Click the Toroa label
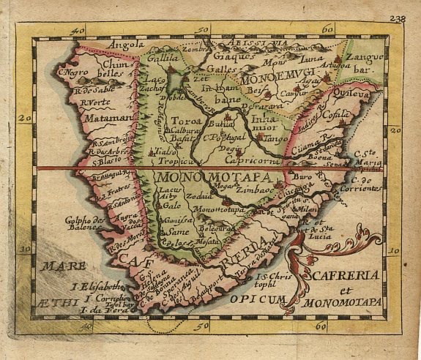click(185, 120)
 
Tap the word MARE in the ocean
click(63, 266)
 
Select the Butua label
click(216, 125)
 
